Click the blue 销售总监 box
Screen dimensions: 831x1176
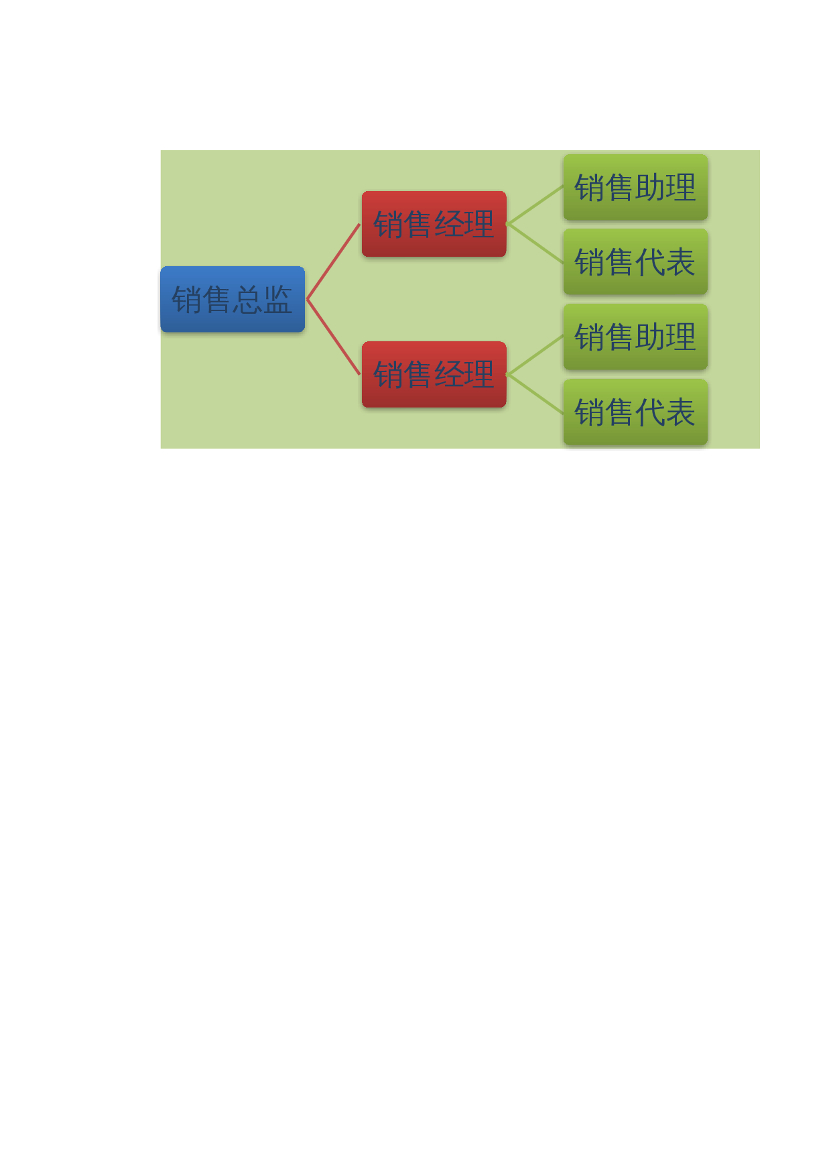[233, 299]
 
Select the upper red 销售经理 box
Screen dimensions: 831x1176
[434, 224]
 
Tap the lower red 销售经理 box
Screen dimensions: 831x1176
[434, 374]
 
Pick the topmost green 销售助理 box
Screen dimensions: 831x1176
[635, 187]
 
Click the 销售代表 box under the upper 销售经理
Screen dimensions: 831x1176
[635, 261]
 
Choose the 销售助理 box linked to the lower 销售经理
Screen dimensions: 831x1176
[635, 337]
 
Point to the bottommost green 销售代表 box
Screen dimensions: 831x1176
[635, 412]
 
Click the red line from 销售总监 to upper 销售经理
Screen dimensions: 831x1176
[334, 261]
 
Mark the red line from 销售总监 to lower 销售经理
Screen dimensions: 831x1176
[334, 337]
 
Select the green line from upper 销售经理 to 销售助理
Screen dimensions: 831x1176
[535, 205]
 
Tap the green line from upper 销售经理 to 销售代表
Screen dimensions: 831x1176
[535, 243]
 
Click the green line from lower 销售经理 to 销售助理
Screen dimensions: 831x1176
[535, 355]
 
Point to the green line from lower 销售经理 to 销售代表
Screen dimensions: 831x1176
[535, 393]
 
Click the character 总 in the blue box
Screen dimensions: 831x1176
[247, 300]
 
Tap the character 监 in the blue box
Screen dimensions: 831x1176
[277, 300]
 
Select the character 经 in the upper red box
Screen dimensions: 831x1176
[449, 225]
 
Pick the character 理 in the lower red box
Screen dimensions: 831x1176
[479, 375]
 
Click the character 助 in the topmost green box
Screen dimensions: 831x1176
[650, 188]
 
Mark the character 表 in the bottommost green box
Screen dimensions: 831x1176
[680, 412]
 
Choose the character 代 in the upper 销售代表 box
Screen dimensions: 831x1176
[650, 262]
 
